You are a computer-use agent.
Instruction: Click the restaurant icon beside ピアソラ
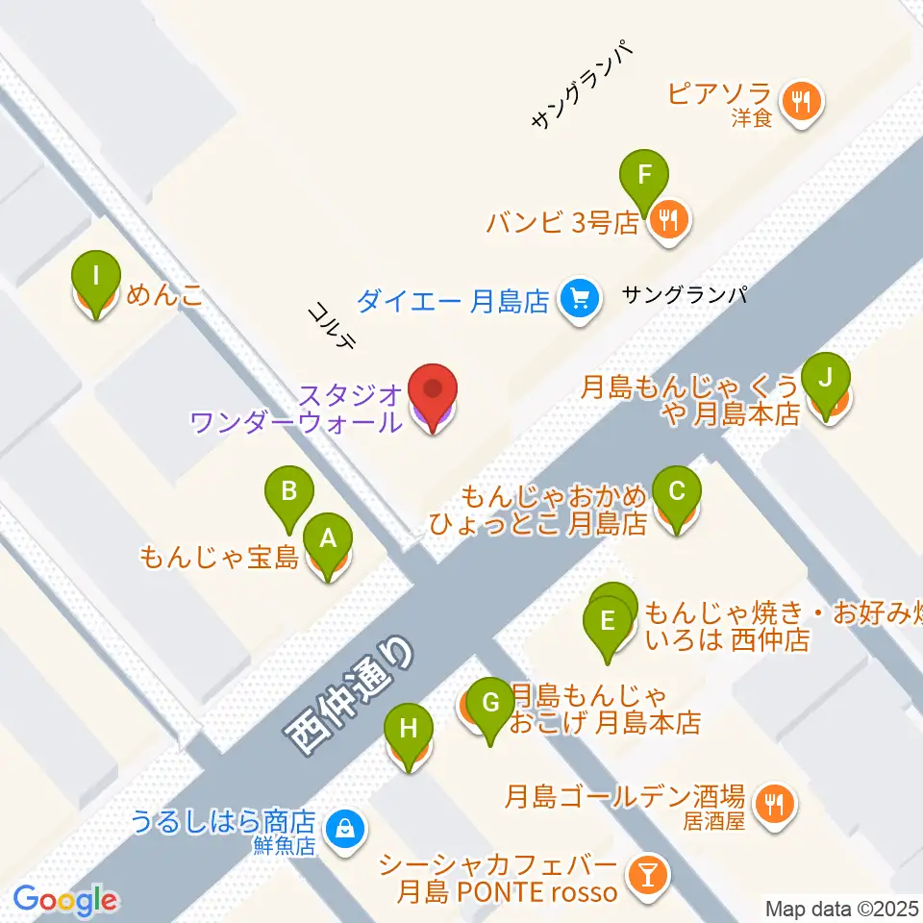pyautogui.click(x=800, y=99)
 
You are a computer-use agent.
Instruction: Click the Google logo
pyautogui.click(x=65, y=900)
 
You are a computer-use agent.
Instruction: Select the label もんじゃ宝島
pyautogui.click(x=218, y=557)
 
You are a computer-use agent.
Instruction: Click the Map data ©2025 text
pyautogui.click(x=842, y=908)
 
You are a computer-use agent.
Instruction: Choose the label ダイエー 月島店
pyautogui.click(x=453, y=302)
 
